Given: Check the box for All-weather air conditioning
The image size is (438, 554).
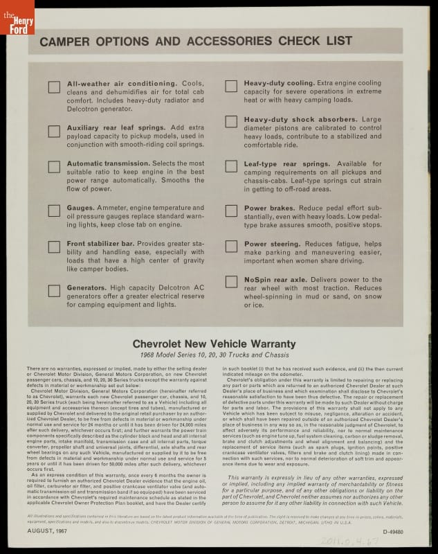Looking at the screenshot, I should [x=54, y=87].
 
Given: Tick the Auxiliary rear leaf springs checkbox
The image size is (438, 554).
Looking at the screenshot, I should [x=54, y=131].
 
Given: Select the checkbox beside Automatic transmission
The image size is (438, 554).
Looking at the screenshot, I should [x=54, y=167].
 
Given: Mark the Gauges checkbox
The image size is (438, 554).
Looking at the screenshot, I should [x=54, y=211].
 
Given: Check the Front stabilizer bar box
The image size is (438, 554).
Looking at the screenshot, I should [x=54, y=247].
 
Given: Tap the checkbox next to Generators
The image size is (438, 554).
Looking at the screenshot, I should [x=54, y=291].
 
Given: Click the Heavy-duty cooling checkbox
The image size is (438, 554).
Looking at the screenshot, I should [x=231, y=87].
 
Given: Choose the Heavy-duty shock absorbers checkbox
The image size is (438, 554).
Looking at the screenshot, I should [x=231, y=123].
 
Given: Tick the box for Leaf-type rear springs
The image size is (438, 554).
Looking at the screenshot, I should [x=231, y=167].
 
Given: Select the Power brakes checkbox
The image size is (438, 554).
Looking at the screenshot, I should [x=231, y=211].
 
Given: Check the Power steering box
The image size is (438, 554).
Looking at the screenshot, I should [x=231, y=247].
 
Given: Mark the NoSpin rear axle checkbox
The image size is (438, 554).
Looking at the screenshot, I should [x=231, y=283].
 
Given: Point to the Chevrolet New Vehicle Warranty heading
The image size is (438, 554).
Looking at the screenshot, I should [x=214, y=343].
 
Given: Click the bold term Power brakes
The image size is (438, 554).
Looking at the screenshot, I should [x=266, y=208].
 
